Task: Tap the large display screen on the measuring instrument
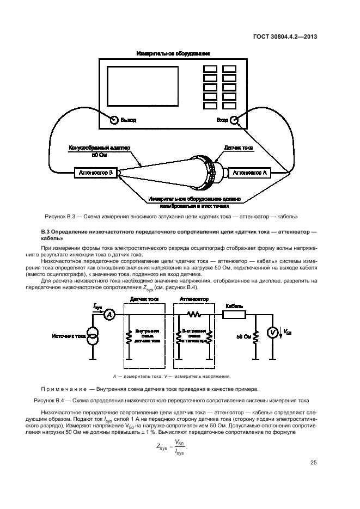coord(143,88)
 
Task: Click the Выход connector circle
coord(114,120)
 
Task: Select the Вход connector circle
coord(234,120)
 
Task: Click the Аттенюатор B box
coord(95,173)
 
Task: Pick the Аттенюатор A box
coord(250,173)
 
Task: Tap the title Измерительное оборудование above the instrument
coord(174,54)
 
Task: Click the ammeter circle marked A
coord(108,315)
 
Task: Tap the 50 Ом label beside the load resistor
coord(243,336)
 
